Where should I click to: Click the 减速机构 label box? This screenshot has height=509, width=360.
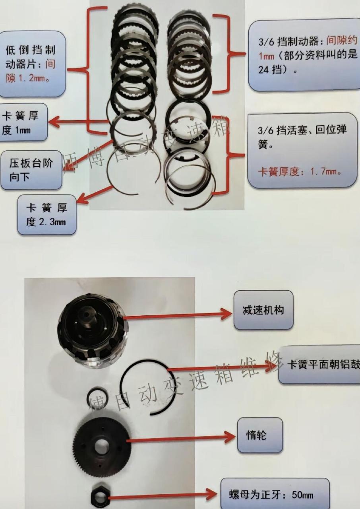(x=263, y=310)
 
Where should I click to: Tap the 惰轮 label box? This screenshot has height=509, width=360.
(x=260, y=435)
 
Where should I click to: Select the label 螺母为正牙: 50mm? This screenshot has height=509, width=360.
(x=275, y=495)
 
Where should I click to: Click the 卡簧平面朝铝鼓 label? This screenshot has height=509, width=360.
(x=319, y=364)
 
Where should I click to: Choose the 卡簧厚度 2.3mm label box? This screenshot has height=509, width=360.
(x=46, y=215)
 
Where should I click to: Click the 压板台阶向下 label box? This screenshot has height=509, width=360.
(x=31, y=170)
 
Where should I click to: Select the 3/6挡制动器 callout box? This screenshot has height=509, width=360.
(x=304, y=56)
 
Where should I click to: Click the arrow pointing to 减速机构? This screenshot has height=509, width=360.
(x=179, y=315)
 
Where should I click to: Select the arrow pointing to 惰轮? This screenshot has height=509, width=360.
(x=181, y=438)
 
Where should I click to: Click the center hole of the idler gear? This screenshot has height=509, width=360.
(x=103, y=447)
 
